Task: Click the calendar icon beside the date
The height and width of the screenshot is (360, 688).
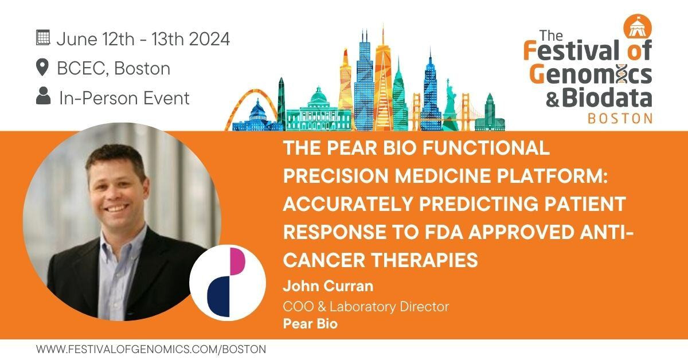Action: click(x=42, y=38)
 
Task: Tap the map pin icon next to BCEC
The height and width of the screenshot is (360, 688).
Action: click(x=42, y=67)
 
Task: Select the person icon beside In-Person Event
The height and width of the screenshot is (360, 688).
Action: click(x=43, y=96)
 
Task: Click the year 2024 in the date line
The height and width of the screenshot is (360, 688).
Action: click(x=209, y=39)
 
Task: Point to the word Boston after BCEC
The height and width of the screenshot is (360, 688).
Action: click(x=142, y=68)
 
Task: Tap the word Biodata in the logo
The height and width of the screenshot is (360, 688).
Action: click(x=607, y=97)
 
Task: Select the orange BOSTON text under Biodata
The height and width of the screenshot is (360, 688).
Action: click(x=620, y=118)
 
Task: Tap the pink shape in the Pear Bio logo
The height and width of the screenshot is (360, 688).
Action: click(x=237, y=261)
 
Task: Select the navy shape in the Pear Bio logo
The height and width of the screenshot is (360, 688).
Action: click(x=218, y=296)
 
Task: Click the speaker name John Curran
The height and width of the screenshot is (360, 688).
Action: click(x=328, y=286)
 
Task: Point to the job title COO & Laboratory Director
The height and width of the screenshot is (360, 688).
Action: click(x=366, y=307)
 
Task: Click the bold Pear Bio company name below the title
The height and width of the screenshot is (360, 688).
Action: click(x=310, y=324)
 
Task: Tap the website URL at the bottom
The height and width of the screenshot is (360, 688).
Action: click(x=151, y=349)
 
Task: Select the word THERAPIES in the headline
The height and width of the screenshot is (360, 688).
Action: click(x=425, y=260)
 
